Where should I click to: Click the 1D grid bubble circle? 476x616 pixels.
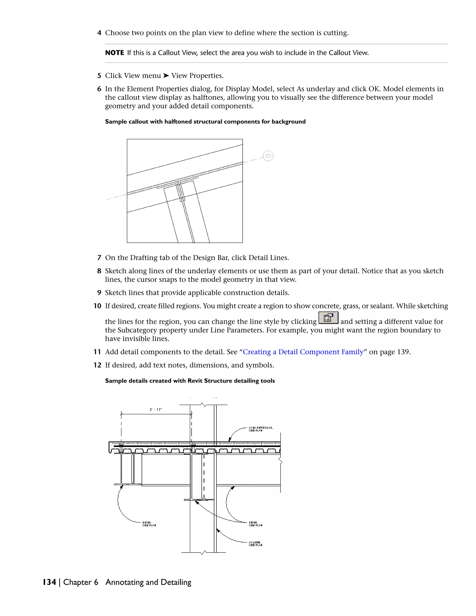click(x=268, y=156)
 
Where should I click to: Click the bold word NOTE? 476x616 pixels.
click(x=115, y=53)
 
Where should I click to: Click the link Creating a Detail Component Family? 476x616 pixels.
click(x=303, y=352)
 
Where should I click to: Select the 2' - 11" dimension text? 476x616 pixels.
click(x=156, y=410)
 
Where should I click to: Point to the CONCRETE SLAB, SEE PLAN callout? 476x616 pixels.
click(x=261, y=429)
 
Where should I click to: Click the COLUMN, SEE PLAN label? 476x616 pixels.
click(x=255, y=544)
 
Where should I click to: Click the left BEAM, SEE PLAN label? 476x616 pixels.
click(x=149, y=524)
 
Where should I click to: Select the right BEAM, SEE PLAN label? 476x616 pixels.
click(x=255, y=524)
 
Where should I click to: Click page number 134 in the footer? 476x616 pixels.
click(x=49, y=582)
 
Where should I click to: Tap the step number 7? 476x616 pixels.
click(x=99, y=258)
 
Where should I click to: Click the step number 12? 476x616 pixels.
click(x=97, y=365)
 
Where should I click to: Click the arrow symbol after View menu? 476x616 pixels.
click(x=166, y=76)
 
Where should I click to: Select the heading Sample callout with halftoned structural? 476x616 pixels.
click(x=205, y=122)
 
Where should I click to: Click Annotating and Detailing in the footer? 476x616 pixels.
click(x=148, y=582)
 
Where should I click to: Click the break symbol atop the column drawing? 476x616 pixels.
click(x=203, y=405)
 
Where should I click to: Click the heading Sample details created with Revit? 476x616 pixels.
click(x=190, y=381)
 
